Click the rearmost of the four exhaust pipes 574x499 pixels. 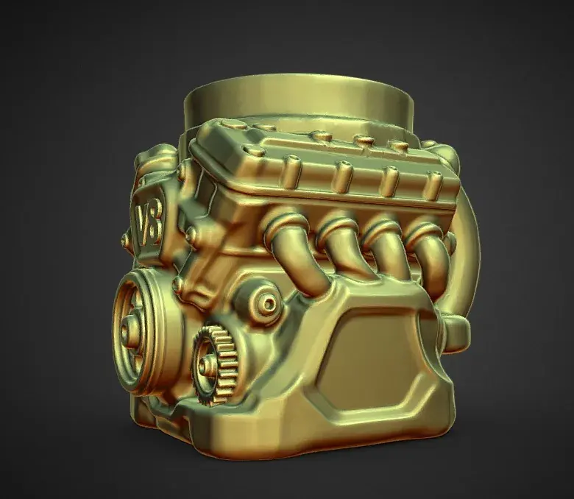(x=427, y=252)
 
